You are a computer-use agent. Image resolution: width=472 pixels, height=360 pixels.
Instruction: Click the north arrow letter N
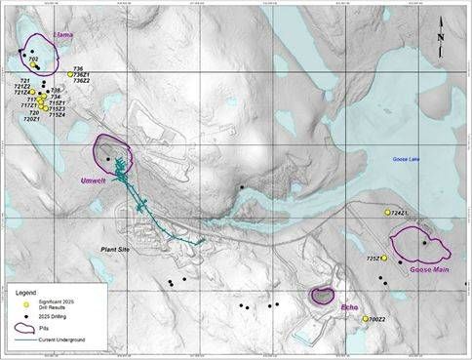tap(442, 38)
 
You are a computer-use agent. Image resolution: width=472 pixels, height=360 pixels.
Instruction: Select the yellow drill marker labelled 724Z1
tap(388, 212)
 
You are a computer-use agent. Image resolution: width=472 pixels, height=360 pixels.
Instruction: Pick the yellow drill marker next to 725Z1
tap(384, 259)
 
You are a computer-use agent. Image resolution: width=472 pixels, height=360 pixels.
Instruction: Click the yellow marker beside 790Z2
tap(365, 319)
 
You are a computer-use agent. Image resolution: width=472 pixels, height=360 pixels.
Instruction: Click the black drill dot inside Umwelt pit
tap(107, 159)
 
